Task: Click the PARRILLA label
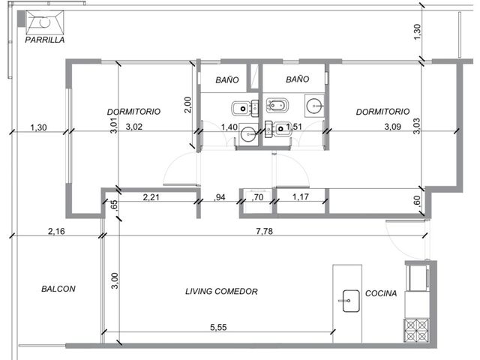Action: tap(45, 40)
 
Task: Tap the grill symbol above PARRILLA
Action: tap(45, 22)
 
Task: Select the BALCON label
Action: tap(58, 289)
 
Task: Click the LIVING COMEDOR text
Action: tap(221, 291)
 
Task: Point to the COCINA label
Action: tap(381, 293)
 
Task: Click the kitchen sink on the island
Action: tap(351, 301)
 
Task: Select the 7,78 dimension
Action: tap(265, 231)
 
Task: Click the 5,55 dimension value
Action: tap(218, 327)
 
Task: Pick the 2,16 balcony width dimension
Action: tap(56, 231)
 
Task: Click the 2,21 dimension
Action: tap(151, 197)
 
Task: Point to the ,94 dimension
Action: tap(220, 197)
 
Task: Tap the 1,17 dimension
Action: tap(300, 196)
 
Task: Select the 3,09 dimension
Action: tap(393, 127)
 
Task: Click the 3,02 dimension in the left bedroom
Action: tap(134, 127)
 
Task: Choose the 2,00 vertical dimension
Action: tap(188, 105)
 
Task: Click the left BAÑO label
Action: tap(227, 79)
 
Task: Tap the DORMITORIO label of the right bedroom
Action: tap(382, 112)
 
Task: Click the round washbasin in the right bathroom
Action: tap(314, 106)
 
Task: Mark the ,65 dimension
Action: tap(113, 204)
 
